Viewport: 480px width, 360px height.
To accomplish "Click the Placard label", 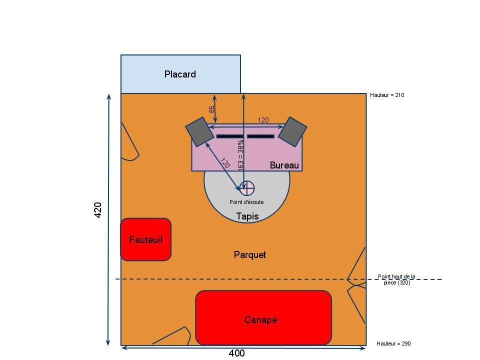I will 180,74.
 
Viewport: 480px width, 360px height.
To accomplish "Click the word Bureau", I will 284,165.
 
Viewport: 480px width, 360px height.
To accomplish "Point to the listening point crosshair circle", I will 247,188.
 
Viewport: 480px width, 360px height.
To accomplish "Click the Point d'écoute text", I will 246,202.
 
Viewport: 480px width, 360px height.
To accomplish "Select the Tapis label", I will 247,216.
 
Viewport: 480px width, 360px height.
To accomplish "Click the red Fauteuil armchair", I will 145,239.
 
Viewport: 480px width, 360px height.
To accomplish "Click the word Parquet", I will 250,255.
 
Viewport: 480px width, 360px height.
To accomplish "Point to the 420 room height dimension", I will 98,209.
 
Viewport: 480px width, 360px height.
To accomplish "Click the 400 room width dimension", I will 236,353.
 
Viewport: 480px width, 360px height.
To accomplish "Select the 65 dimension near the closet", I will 211,108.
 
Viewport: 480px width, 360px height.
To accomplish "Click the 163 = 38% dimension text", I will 240,156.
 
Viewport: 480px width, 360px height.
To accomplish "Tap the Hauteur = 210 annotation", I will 387,95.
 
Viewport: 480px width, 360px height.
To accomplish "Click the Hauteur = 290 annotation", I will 393,343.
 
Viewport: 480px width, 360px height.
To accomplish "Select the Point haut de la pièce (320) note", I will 396,279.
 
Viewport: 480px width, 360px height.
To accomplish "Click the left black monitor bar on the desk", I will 229,136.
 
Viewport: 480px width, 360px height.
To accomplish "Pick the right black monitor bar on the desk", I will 260,136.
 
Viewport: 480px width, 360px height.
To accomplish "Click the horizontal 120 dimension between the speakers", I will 263,120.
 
